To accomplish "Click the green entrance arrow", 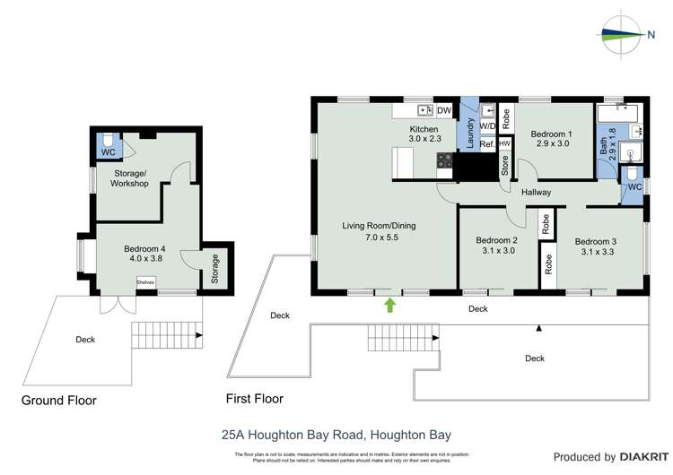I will (389, 305).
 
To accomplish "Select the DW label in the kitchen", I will (443, 110).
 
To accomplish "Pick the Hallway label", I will (536, 193).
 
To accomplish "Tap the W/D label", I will (486, 127).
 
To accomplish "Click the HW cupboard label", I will (504, 143).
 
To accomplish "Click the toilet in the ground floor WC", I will (108, 142).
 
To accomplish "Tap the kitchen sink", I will (425, 110).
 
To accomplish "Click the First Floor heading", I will (255, 399).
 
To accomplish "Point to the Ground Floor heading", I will (58, 401).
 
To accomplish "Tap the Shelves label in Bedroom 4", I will (144, 283).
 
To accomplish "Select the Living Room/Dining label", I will (382, 226).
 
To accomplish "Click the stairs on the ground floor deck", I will (166, 336).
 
